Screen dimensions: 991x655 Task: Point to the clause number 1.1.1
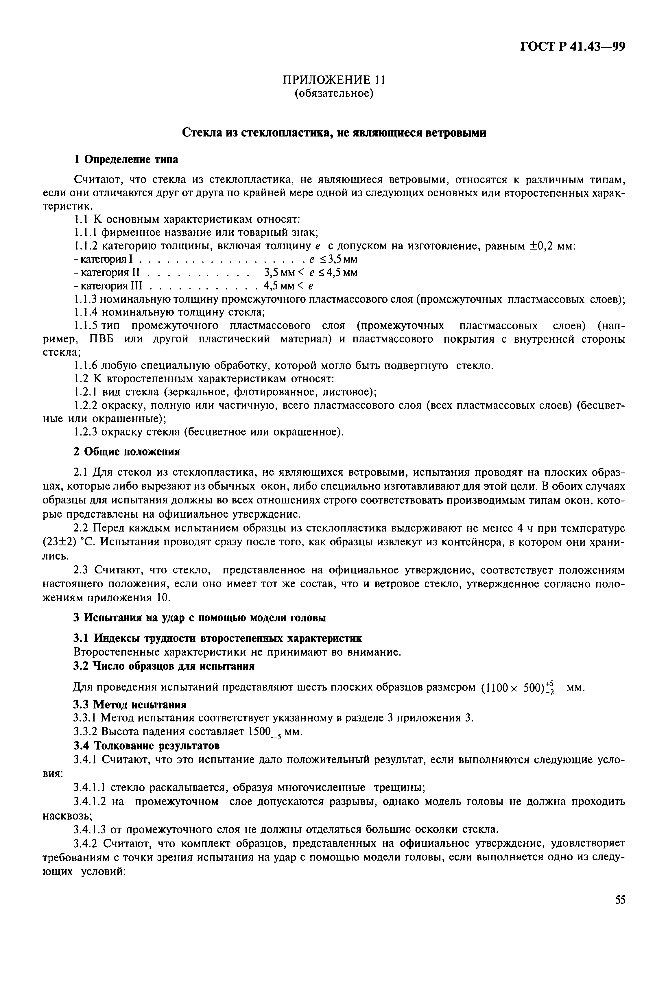pyautogui.click(x=86, y=232)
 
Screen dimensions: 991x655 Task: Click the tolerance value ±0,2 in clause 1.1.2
pyautogui.click(x=542, y=246)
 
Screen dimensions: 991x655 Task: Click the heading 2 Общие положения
pyautogui.click(x=127, y=452)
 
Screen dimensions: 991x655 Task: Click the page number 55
pyautogui.click(x=620, y=900)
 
